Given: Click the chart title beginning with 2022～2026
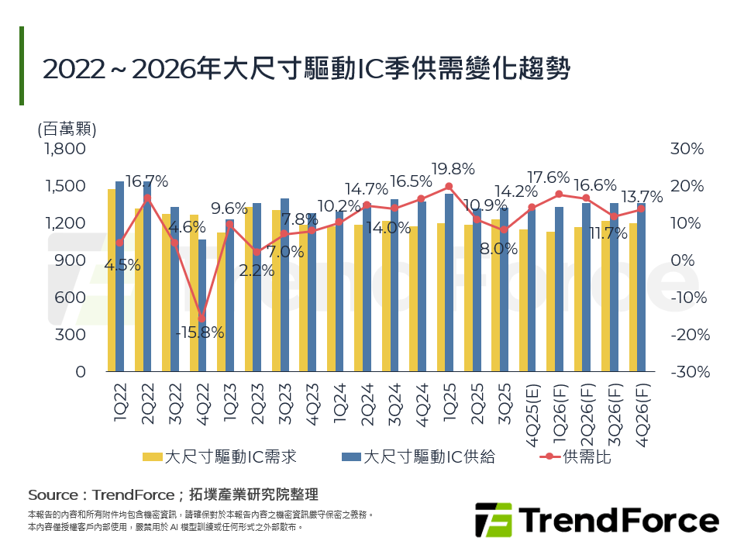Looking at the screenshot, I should point(306,69).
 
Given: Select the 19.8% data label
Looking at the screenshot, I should point(449,169).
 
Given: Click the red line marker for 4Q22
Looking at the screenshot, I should point(202,319).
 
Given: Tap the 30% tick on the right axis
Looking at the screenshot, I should point(687,149).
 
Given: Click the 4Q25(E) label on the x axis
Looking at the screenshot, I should point(532,406).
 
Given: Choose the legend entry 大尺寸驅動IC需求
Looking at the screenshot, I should point(219,457).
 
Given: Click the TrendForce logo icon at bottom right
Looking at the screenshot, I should point(494,520).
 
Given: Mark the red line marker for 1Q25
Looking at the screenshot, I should point(449,187).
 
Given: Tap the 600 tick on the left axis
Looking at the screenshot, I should point(70,298).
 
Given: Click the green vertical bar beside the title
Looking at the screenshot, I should point(22,66).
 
